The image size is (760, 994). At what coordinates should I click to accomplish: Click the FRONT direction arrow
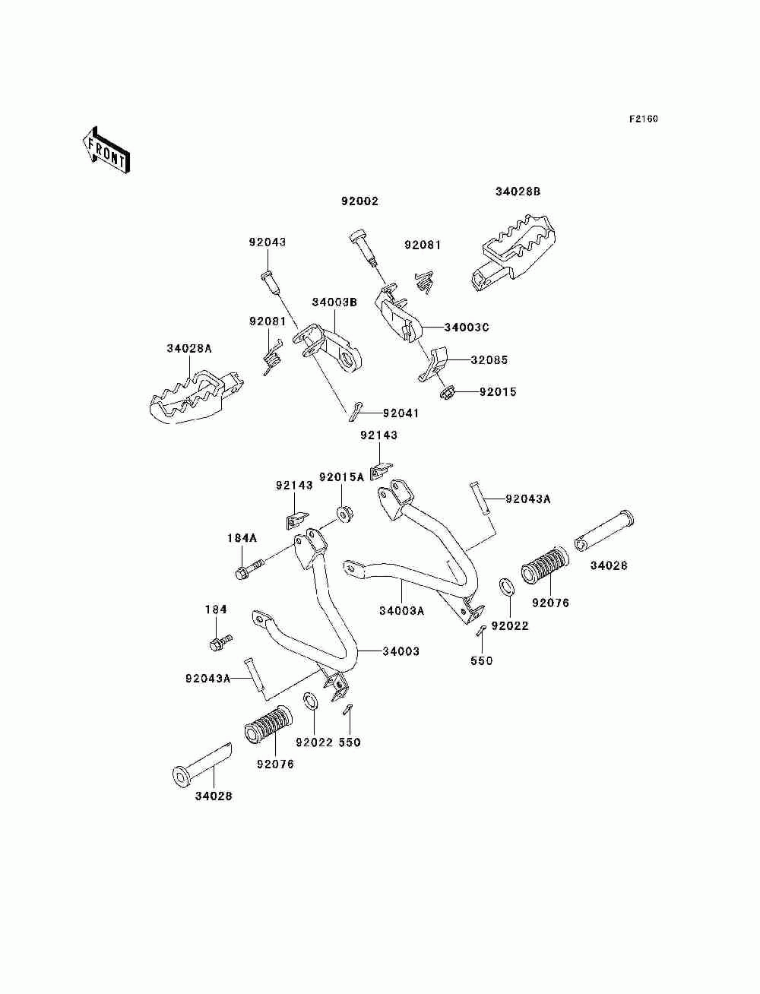(106, 150)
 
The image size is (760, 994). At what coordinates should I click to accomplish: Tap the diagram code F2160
(643, 119)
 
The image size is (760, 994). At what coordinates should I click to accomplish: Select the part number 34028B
(518, 192)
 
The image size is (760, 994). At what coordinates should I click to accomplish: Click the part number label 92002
(359, 201)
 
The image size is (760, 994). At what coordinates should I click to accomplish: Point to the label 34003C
(466, 328)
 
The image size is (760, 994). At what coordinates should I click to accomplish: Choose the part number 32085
(489, 360)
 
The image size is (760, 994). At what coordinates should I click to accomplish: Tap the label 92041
(401, 413)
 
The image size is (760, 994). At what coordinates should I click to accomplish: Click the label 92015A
(341, 477)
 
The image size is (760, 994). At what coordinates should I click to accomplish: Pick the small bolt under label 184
(221, 642)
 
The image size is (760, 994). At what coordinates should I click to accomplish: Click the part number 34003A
(402, 611)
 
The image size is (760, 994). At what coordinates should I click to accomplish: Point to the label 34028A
(189, 349)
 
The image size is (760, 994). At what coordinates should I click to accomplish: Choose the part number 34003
(401, 651)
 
